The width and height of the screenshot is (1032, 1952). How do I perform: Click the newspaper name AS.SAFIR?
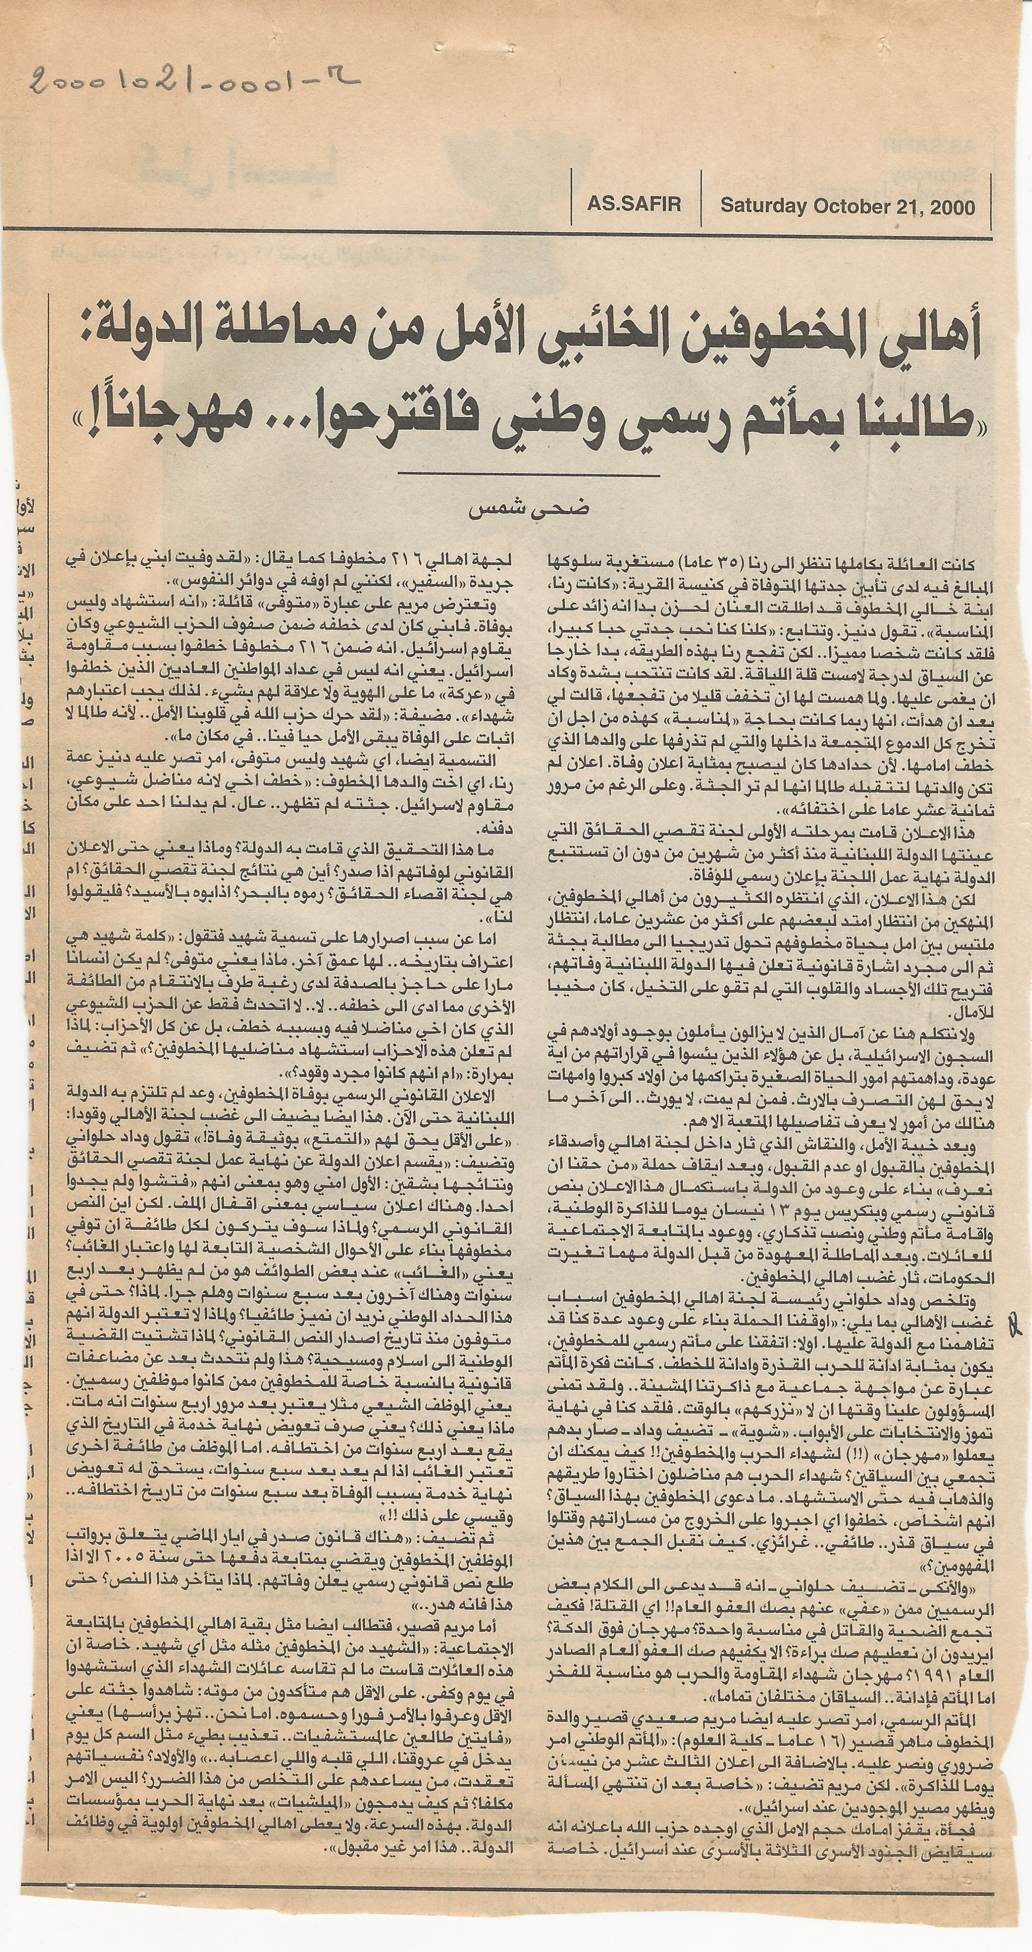[x=633, y=204]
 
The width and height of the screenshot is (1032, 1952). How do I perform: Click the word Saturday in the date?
[x=762, y=206]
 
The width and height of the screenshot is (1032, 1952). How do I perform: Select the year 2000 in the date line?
[x=950, y=206]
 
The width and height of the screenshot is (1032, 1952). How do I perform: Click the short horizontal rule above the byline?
[x=527, y=474]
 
